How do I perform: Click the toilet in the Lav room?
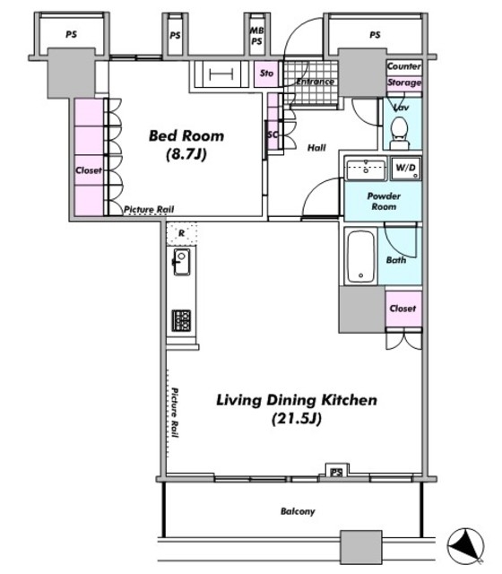[399, 133]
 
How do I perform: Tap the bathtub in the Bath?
[360, 257]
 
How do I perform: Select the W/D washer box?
[406, 169]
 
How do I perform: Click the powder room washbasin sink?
[366, 170]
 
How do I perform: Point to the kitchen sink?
[181, 261]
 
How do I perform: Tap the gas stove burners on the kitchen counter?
[181, 321]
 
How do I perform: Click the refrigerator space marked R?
[181, 233]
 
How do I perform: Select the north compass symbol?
[465, 546]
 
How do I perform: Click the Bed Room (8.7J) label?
[186, 144]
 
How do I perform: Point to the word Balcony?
[298, 511]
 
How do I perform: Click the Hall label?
[316, 147]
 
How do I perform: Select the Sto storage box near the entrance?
[266, 74]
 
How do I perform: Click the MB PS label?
[256, 36]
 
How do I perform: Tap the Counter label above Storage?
[404, 66]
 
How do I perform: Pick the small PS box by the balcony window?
[336, 473]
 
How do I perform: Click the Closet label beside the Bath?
[402, 309]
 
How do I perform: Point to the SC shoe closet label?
[273, 135]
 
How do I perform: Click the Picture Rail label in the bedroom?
[149, 209]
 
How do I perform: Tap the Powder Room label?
[384, 201]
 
